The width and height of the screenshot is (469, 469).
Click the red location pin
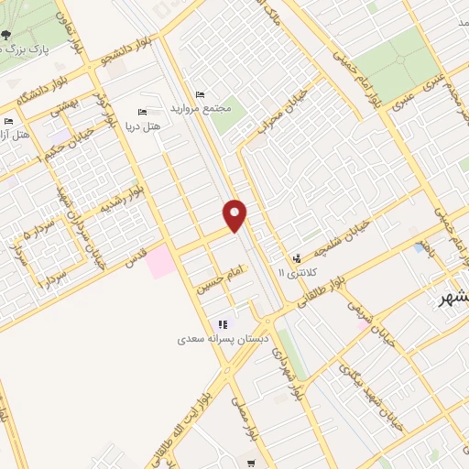pos(235,214)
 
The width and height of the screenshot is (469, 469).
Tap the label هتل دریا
pos(147,125)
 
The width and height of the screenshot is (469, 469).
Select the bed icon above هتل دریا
pos(140,111)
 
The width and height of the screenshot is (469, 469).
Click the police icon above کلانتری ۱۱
pos(296,258)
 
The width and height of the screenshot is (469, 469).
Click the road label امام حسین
pos(225,270)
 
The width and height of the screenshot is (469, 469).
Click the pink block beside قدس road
pos(159,261)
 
